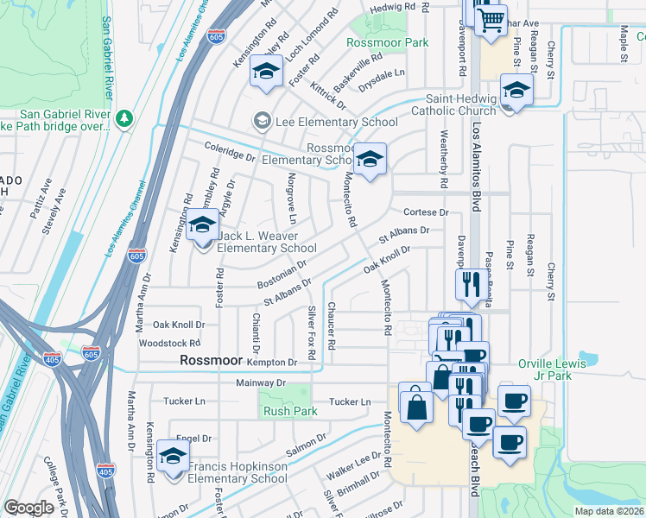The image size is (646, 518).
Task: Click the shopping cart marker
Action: [491, 18]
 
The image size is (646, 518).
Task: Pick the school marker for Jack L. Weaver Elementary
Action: [202, 227]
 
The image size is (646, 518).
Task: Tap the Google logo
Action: [28, 508]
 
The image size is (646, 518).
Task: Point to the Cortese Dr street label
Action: [427, 212]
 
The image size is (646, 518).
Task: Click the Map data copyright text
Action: [609, 511]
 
